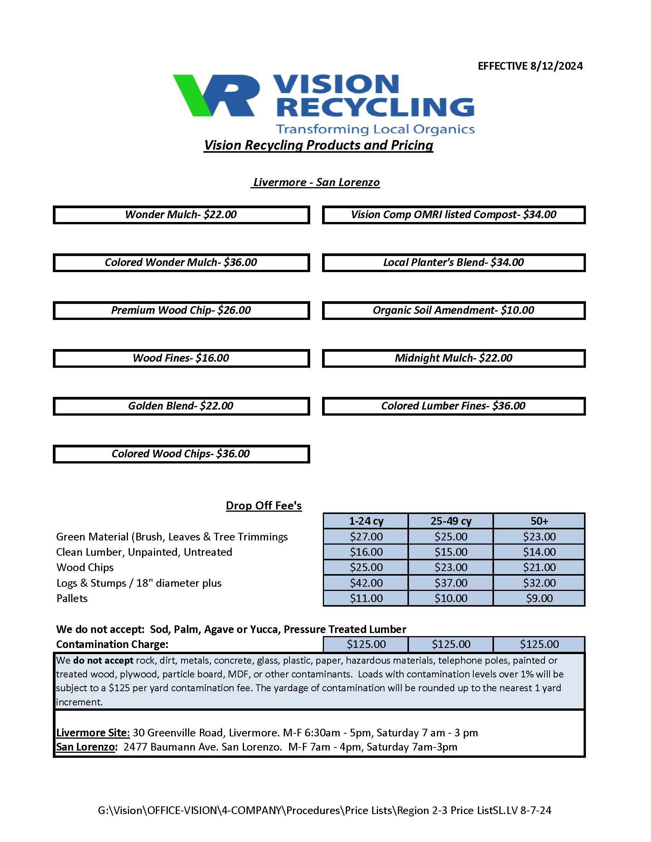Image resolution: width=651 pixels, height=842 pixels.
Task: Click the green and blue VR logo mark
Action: point(216,95)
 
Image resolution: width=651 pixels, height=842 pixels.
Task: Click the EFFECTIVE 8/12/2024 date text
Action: point(530,66)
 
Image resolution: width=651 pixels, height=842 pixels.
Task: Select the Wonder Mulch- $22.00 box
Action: point(181,215)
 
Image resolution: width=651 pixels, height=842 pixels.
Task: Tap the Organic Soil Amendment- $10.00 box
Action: point(453,310)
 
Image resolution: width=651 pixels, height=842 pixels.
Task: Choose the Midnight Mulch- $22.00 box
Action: point(453,358)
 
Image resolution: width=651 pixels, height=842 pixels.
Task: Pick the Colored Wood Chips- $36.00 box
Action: point(181,454)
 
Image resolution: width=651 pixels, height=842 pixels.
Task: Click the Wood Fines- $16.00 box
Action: point(181,358)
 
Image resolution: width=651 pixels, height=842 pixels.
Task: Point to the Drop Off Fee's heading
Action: point(263,506)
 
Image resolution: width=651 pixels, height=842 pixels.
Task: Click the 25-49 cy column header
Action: point(450,521)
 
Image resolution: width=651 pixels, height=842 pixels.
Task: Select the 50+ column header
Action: point(539,521)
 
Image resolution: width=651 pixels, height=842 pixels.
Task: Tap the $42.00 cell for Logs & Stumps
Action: point(366,583)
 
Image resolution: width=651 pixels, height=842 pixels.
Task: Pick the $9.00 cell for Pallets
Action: point(539,598)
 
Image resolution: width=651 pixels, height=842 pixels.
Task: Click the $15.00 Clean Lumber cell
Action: point(450,552)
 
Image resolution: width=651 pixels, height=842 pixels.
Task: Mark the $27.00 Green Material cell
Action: point(366,536)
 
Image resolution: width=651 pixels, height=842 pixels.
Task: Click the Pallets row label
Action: point(72,598)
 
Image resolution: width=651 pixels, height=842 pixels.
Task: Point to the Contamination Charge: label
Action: point(112,644)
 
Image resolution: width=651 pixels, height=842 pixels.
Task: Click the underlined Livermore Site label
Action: point(93,733)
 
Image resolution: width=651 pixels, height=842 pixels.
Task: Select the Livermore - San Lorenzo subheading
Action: point(316,182)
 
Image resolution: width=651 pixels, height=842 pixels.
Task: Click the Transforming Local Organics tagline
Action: point(375,129)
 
